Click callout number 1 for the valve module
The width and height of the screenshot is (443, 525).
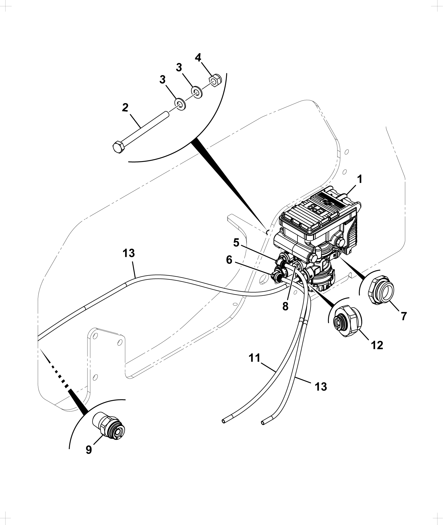point(359,180)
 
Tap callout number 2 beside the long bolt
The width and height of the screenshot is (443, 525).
point(125,108)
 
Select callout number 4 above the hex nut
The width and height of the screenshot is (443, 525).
point(198,58)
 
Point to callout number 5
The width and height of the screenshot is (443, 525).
point(236,243)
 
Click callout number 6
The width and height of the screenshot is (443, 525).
point(229,260)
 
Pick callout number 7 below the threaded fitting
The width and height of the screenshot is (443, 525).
point(404,316)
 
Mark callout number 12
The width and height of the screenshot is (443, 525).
point(377,345)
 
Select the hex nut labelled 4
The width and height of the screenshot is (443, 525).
point(215,81)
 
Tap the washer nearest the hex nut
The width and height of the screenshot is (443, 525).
point(196,92)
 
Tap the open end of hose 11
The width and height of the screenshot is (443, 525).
point(224,429)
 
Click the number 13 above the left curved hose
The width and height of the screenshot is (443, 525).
point(129,253)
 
